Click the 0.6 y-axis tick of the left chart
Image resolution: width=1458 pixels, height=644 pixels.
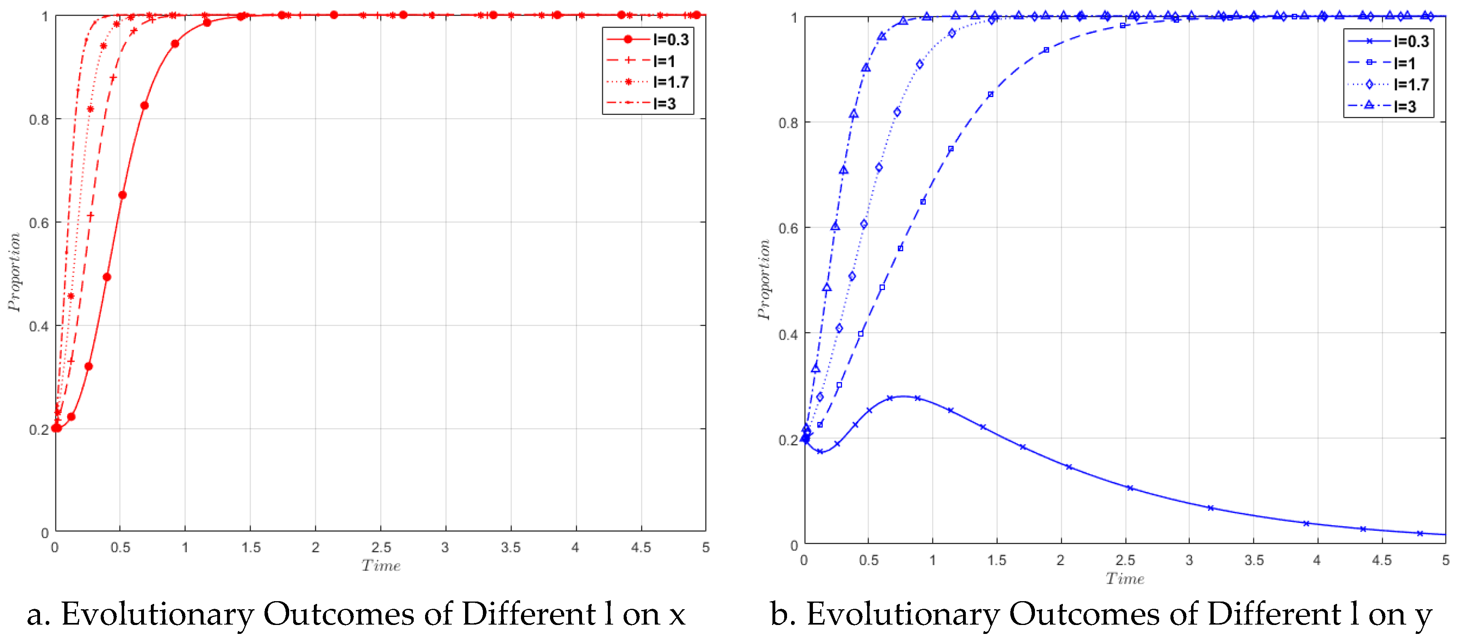click(x=38, y=223)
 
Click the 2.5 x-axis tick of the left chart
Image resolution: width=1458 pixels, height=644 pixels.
click(x=381, y=547)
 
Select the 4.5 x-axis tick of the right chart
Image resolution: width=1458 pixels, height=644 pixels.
click(x=1381, y=560)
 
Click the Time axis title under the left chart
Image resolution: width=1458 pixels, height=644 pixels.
click(x=381, y=566)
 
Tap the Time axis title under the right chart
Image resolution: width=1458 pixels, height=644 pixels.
click(x=1125, y=578)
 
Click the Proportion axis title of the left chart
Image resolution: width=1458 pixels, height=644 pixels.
click(x=14, y=272)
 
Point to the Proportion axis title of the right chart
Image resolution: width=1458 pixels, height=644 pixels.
click(x=764, y=280)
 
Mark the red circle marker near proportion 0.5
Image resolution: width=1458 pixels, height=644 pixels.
click(x=107, y=277)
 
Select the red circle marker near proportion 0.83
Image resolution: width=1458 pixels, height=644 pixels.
click(x=144, y=106)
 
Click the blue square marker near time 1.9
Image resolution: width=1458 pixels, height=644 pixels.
click(x=1046, y=51)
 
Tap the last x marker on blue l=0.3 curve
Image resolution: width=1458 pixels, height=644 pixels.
click(x=1420, y=533)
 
